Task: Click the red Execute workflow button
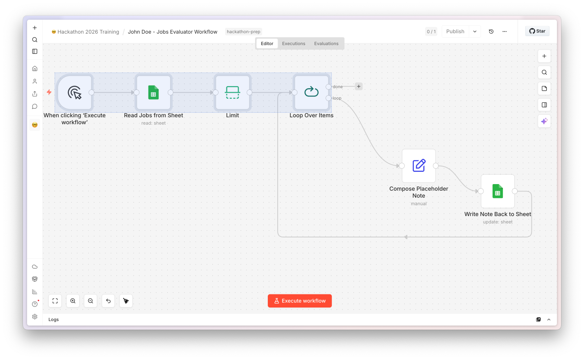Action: coord(299,301)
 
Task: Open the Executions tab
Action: coord(294,43)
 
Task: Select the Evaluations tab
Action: coord(326,43)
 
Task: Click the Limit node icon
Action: coord(232,93)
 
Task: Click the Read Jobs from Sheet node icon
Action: coord(153,93)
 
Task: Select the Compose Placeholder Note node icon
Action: coord(419,166)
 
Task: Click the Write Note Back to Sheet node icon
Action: coord(498,191)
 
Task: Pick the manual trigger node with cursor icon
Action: coord(75,93)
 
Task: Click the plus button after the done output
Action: coord(359,87)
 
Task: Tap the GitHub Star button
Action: coord(537,31)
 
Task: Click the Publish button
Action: coord(455,32)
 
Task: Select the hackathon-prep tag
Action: coord(244,32)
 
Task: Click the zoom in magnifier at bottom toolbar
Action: coord(73,301)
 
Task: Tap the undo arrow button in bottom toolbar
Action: coord(108,301)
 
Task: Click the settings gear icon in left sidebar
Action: coord(35,317)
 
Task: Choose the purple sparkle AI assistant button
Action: coord(544,121)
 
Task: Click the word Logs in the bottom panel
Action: coord(53,319)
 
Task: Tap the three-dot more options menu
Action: coord(504,32)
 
